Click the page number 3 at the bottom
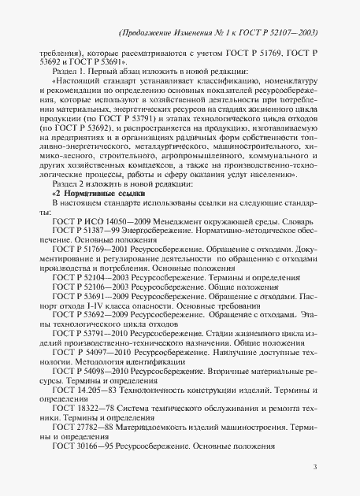(314, 467)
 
